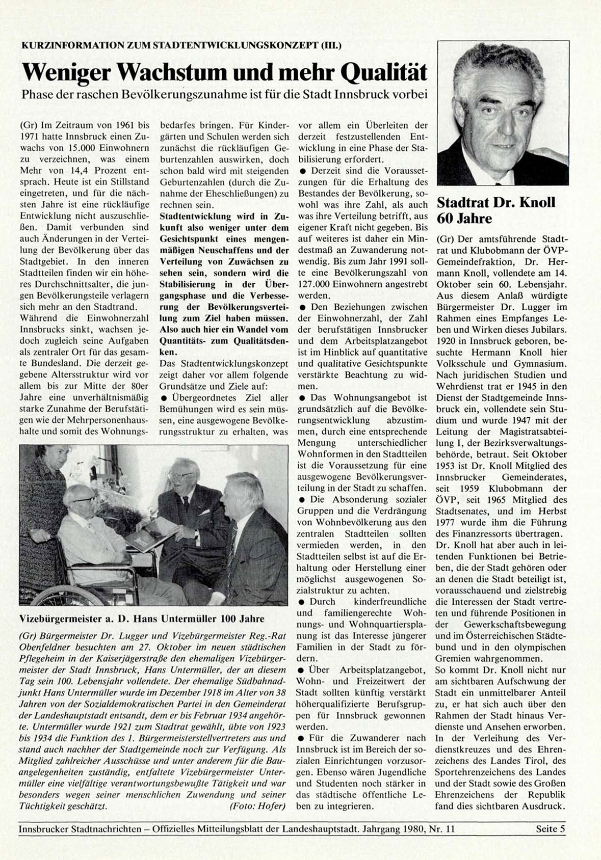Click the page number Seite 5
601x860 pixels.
coord(551,829)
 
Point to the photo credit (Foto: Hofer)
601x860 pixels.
coord(257,807)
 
